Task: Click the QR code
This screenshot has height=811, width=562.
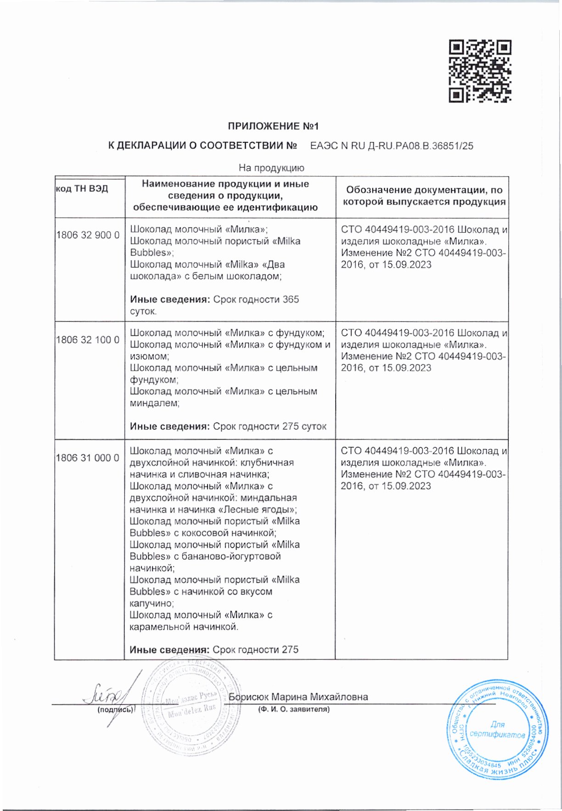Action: (480, 71)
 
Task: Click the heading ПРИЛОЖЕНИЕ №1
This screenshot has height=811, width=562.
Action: (273, 126)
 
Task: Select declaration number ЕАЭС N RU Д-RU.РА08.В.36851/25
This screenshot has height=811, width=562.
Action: (392, 146)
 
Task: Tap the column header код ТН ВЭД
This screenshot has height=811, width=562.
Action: (82, 189)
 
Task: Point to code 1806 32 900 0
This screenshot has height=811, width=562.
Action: (88, 235)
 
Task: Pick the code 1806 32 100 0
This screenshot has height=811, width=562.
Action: (88, 340)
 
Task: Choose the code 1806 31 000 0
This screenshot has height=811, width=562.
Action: (88, 458)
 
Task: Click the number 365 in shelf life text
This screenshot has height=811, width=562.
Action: (291, 299)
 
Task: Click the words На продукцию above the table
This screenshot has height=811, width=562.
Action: (271, 168)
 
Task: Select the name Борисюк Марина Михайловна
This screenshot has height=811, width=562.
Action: (298, 697)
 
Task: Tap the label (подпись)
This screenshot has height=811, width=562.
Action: (115, 710)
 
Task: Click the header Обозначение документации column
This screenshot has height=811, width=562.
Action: (424, 196)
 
